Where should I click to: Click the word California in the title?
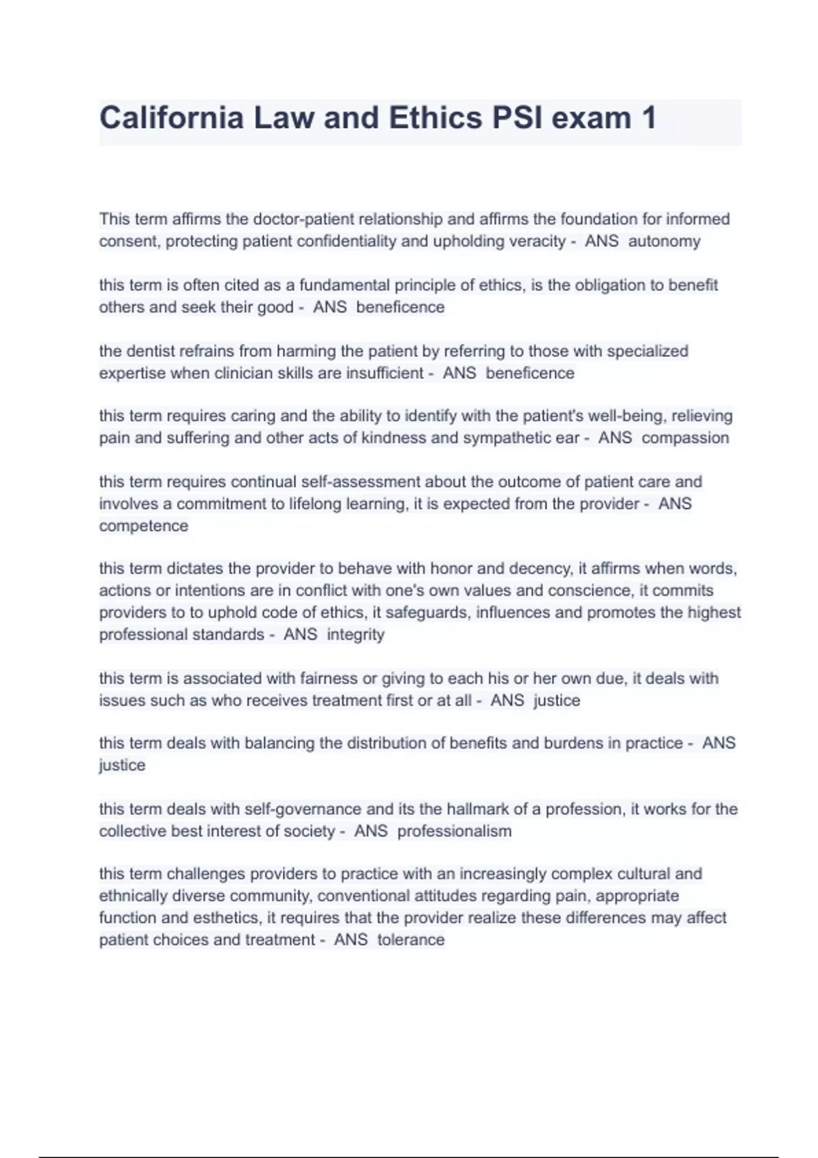point(171,118)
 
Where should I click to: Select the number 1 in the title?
point(648,118)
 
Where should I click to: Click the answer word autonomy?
point(664,241)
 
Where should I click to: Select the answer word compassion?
point(685,437)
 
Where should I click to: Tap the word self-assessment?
point(374,482)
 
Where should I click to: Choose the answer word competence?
point(143,526)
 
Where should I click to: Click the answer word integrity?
point(355,634)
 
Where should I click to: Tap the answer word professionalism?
point(454,831)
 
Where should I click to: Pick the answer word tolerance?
point(410,939)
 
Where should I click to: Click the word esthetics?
point(224,918)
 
